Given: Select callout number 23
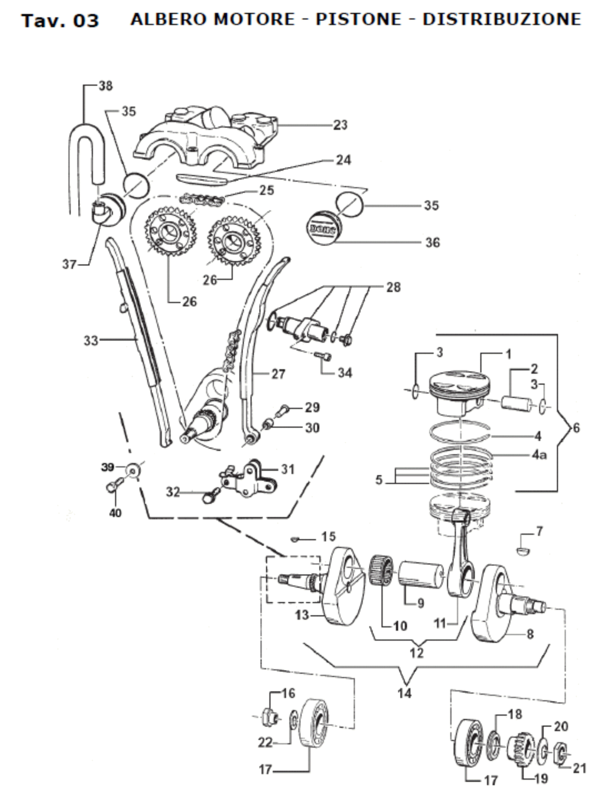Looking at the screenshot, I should point(340,125).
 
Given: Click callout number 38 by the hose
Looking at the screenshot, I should point(105,86).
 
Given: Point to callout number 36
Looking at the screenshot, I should point(432,243).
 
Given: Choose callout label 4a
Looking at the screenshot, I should point(539,455).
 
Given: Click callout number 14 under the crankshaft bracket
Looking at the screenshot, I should point(404,693).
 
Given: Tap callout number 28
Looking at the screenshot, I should point(393,287).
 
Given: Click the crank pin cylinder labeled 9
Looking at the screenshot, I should point(420,574).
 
